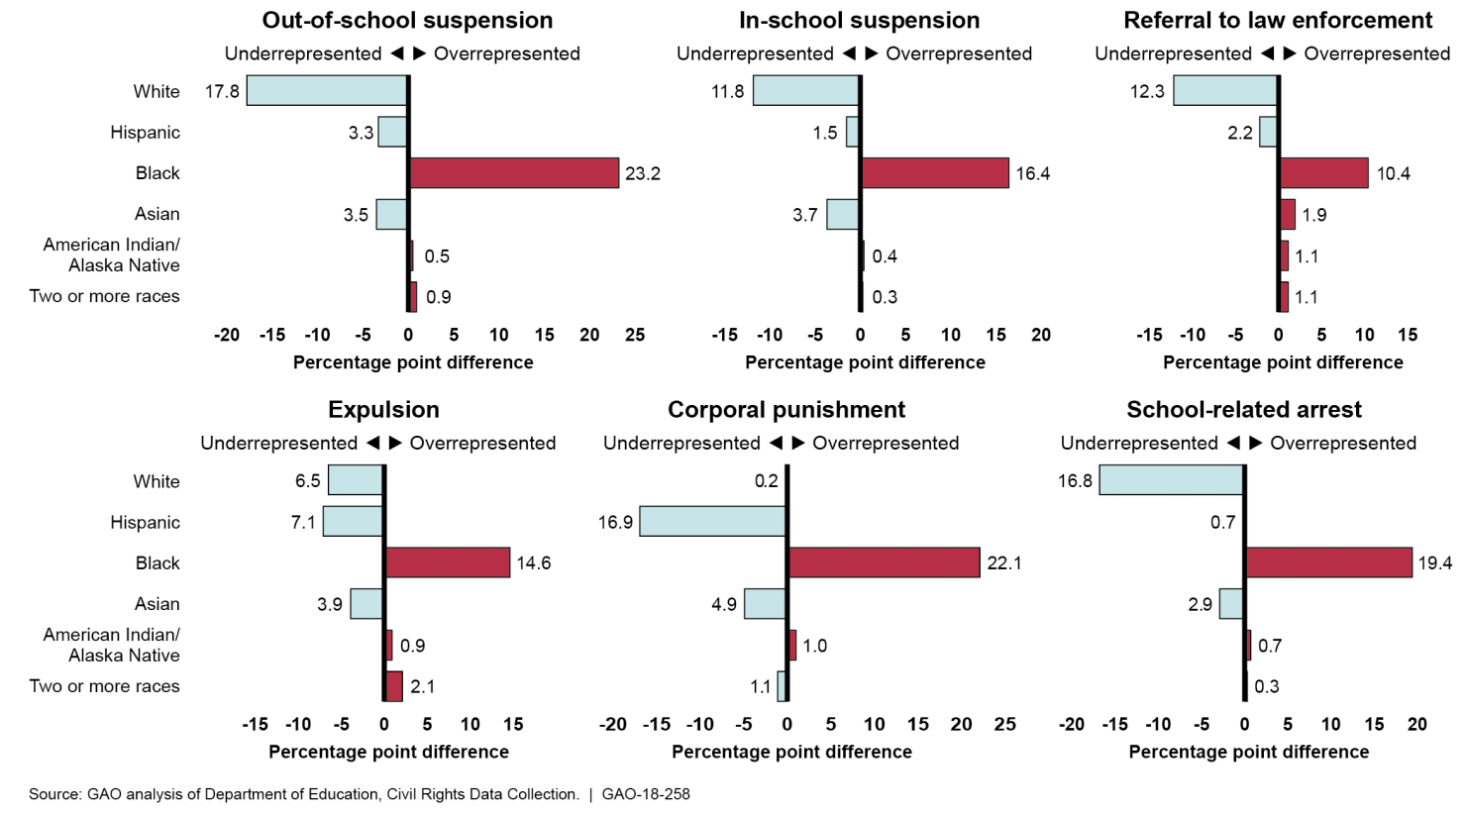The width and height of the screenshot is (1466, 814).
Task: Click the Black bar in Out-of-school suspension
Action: pyautogui.click(x=513, y=173)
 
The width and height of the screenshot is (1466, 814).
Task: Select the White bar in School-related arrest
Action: pyautogui.click(x=1171, y=480)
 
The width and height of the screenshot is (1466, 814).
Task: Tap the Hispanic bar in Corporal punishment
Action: pyautogui.click(x=712, y=521)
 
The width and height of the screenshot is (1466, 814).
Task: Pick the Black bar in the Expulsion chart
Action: pyautogui.click(x=447, y=562)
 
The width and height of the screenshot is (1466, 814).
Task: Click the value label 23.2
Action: pyautogui.click(x=643, y=174)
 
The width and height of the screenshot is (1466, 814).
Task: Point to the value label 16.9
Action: pyautogui.click(x=615, y=522)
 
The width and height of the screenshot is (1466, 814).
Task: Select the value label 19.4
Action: pyautogui.click(x=1434, y=563)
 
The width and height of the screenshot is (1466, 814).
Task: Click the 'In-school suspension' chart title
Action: pyautogui.click(x=859, y=21)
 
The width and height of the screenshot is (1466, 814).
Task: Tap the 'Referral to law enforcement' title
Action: pyautogui.click(x=1277, y=21)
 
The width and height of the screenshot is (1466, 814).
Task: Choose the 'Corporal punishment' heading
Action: pyautogui.click(x=785, y=410)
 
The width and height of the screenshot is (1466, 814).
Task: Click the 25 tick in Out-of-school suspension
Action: pyautogui.click(x=635, y=336)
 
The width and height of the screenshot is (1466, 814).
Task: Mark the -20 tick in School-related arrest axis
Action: pyautogui.click(x=1071, y=725)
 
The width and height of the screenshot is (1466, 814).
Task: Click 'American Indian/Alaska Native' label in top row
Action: pyautogui.click(x=111, y=255)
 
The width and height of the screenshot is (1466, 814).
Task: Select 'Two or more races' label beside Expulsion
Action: pyautogui.click(x=104, y=686)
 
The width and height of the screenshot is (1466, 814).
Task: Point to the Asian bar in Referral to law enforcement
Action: pyautogui.click(x=1287, y=215)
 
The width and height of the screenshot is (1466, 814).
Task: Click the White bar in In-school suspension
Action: pyautogui.click(x=805, y=91)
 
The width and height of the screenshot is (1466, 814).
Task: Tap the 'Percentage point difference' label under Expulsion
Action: pyautogui.click(x=388, y=752)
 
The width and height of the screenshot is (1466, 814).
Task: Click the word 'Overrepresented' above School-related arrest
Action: pyautogui.click(x=1343, y=444)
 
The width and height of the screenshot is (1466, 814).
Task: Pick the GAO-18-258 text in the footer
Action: pyautogui.click(x=646, y=794)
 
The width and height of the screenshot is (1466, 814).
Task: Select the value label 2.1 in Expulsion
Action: pyautogui.click(x=423, y=686)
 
